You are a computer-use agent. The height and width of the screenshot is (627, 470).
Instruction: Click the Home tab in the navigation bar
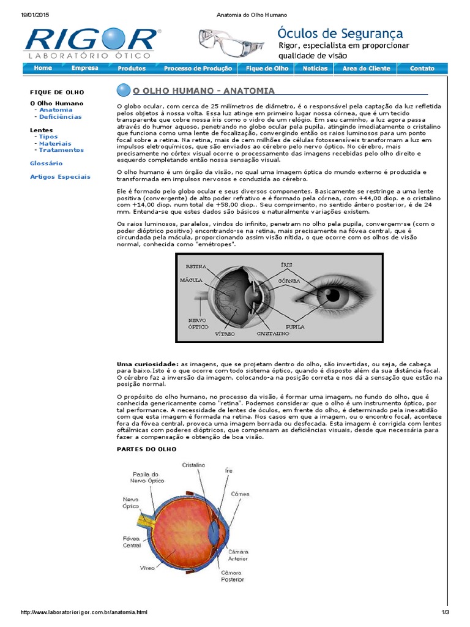coord(43,69)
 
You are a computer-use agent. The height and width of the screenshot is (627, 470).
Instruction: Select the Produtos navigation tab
coord(132,69)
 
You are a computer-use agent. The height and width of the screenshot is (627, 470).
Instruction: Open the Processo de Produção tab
coord(198,69)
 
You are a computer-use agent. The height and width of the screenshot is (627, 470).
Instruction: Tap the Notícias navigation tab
coord(315,69)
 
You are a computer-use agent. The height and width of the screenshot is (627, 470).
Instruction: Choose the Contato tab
coord(422,69)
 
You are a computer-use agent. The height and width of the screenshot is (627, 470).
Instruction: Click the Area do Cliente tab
coord(366,69)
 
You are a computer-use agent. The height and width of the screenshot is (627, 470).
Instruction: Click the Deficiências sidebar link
coord(60,116)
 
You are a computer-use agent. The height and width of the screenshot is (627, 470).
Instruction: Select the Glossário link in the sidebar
coord(46,163)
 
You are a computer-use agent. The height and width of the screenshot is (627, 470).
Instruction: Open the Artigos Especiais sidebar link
coord(60,177)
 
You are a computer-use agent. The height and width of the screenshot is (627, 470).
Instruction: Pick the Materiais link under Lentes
coord(55,143)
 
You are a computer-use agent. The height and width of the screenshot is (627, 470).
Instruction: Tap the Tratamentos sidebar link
coord(61,150)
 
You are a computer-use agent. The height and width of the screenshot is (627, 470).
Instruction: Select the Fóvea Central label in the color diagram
coord(132,541)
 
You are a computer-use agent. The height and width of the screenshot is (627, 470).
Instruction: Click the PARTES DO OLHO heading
coord(146,449)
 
